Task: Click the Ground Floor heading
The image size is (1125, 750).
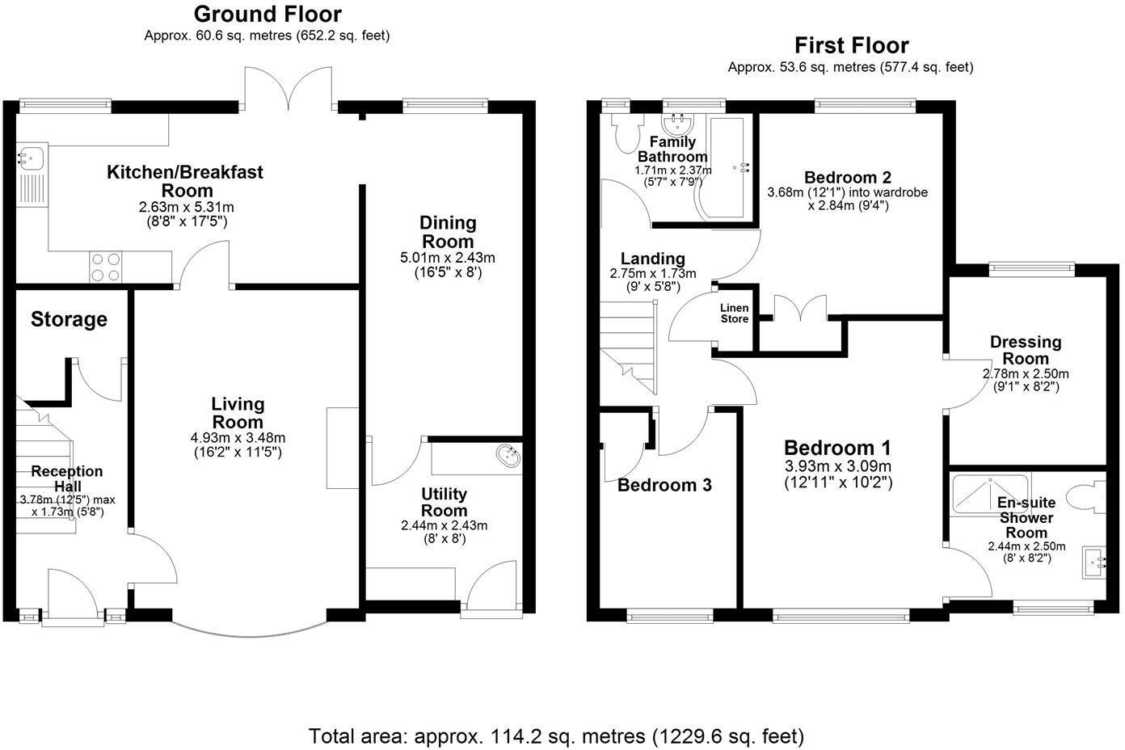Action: click(268, 15)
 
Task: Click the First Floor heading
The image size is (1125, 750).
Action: click(851, 45)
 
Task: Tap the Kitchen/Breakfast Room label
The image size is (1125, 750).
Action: click(186, 181)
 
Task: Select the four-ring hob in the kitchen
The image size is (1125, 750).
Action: click(107, 268)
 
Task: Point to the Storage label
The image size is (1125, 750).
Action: click(69, 319)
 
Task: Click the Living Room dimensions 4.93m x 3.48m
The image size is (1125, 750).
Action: click(238, 438)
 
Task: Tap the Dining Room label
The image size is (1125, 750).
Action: click(449, 231)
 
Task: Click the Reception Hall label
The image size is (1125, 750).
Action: click(67, 478)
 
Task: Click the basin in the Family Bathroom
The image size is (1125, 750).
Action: click(676, 124)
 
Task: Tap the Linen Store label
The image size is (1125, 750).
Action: click(735, 314)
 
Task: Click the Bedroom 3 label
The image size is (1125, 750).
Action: click(664, 485)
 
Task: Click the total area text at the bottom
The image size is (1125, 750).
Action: click(556, 736)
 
